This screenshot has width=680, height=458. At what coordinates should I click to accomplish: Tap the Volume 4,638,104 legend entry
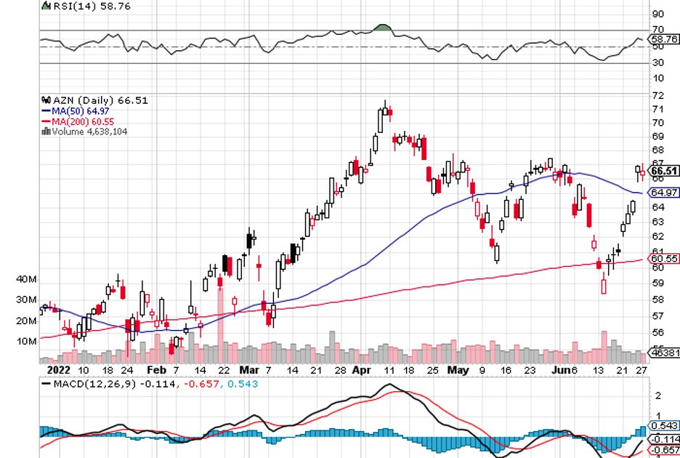tap(85, 132)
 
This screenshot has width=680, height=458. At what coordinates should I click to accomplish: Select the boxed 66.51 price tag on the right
tap(664, 172)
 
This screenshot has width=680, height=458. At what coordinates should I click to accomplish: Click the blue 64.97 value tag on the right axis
tap(664, 193)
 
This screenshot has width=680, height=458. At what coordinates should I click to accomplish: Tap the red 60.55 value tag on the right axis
tap(664, 258)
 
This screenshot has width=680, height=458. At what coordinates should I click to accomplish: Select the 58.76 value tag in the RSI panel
tap(664, 39)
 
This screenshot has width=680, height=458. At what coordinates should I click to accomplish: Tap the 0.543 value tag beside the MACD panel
tap(664, 426)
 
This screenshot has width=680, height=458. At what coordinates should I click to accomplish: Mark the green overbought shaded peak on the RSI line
tap(382, 28)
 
